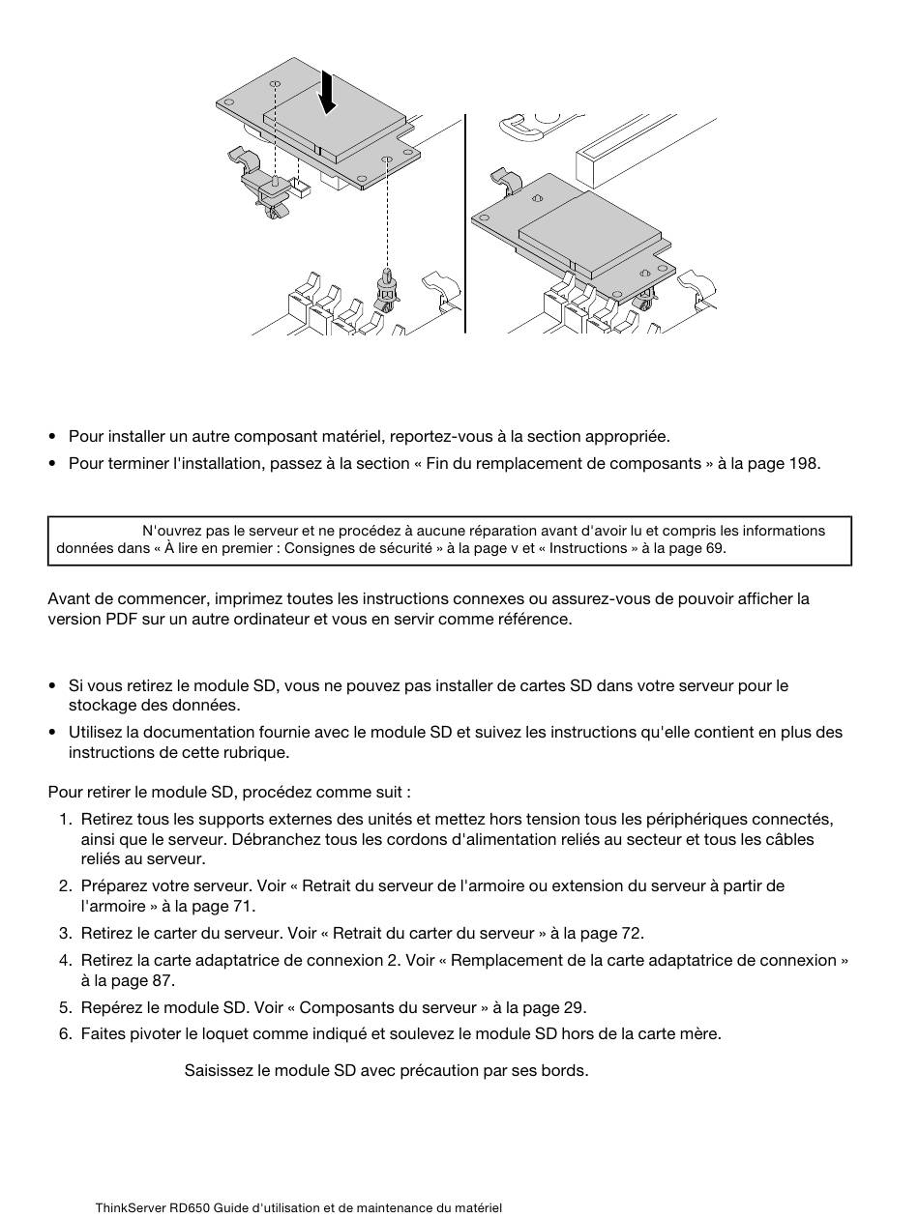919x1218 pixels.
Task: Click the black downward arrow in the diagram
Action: [x=328, y=92]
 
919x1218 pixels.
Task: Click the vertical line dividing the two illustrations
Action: [x=464, y=223]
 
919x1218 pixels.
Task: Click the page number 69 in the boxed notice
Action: [x=715, y=548]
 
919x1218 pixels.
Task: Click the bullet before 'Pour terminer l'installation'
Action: [x=53, y=463]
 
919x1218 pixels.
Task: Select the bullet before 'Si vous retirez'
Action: [x=53, y=686]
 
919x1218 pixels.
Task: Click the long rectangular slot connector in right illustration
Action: [x=644, y=150]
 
